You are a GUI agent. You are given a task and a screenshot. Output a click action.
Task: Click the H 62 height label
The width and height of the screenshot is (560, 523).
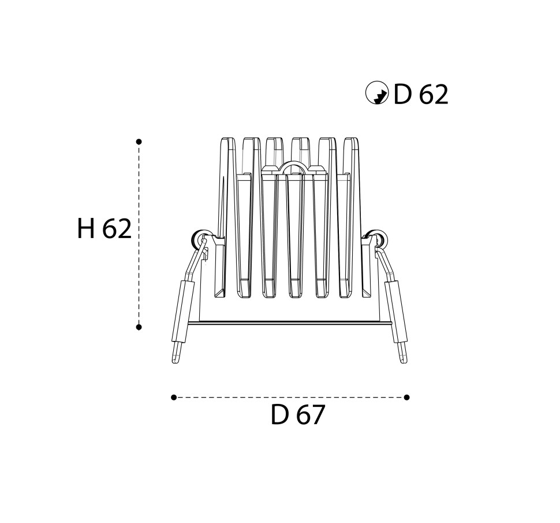pyautogui.click(x=104, y=228)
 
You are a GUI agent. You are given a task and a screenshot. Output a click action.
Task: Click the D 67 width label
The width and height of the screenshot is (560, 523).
pyautogui.click(x=298, y=415)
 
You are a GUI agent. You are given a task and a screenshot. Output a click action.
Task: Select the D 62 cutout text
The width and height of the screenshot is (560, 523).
pyautogui.click(x=421, y=95)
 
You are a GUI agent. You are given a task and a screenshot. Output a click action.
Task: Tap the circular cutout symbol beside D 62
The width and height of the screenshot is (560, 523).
pyautogui.click(x=377, y=93)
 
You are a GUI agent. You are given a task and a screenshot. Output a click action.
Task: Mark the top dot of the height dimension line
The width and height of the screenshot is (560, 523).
pyautogui.click(x=139, y=142)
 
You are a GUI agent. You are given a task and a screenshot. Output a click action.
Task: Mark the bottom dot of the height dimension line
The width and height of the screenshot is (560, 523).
pyautogui.click(x=139, y=327)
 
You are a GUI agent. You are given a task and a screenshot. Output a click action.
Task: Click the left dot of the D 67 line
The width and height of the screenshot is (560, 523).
pyautogui.click(x=174, y=397)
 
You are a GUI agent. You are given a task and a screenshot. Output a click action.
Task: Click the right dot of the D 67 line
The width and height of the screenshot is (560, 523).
pyautogui.click(x=406, y=397)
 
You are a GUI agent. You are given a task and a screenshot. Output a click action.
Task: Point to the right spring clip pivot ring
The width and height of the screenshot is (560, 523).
pyautogui.click(x=379, y=238)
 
